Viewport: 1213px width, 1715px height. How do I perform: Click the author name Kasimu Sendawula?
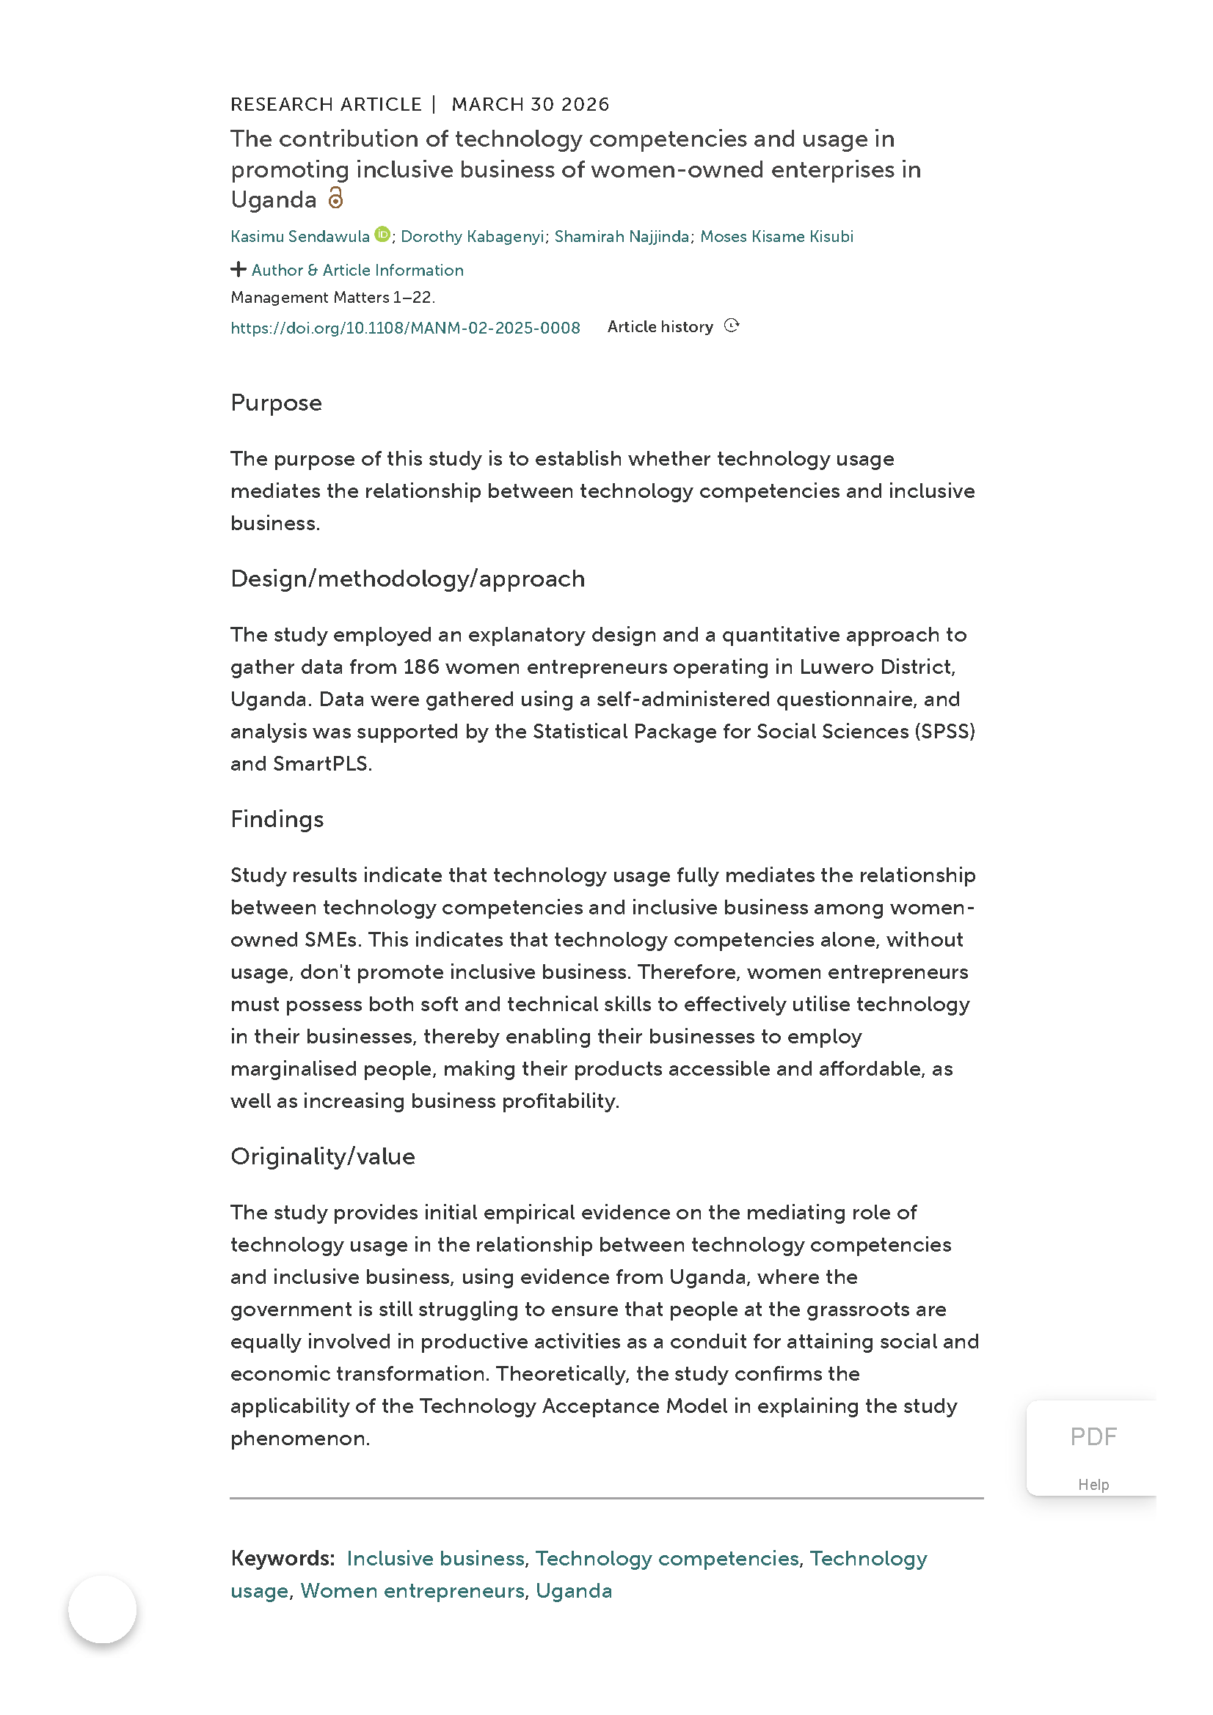click(x=299, y=237)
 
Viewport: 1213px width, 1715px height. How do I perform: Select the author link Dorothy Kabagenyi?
click(x=473, y=237)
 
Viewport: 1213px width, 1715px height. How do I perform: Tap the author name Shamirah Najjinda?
click(x=621, y=237)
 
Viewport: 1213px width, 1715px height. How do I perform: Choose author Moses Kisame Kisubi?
click(x=776, y=237)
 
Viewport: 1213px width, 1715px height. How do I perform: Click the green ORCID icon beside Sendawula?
click(x=382, y=235)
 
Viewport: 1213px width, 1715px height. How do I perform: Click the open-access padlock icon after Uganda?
click(x=336, y=198)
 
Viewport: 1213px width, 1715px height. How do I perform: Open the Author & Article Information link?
click(x=357, y=271)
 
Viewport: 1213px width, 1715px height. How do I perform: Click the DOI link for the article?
click(x=405, y=328)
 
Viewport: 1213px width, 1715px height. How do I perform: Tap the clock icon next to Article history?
click(x=732, y=326)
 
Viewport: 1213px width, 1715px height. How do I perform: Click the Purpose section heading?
click(x=276, y=403)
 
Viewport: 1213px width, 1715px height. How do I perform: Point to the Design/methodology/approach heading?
click(x=407, y=579)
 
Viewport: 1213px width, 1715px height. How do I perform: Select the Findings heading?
click(x=277, y=820)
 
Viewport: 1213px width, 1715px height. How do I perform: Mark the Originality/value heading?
click(x=322, y=1156)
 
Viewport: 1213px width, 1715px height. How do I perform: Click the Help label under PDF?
click(x=1093, y=1485)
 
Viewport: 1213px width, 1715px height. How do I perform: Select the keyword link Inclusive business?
click(x=435, y=1559)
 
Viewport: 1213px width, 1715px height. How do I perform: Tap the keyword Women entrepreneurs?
click(x=412, y=1591)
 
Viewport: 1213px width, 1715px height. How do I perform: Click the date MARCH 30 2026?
click(x=530, y=105)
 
